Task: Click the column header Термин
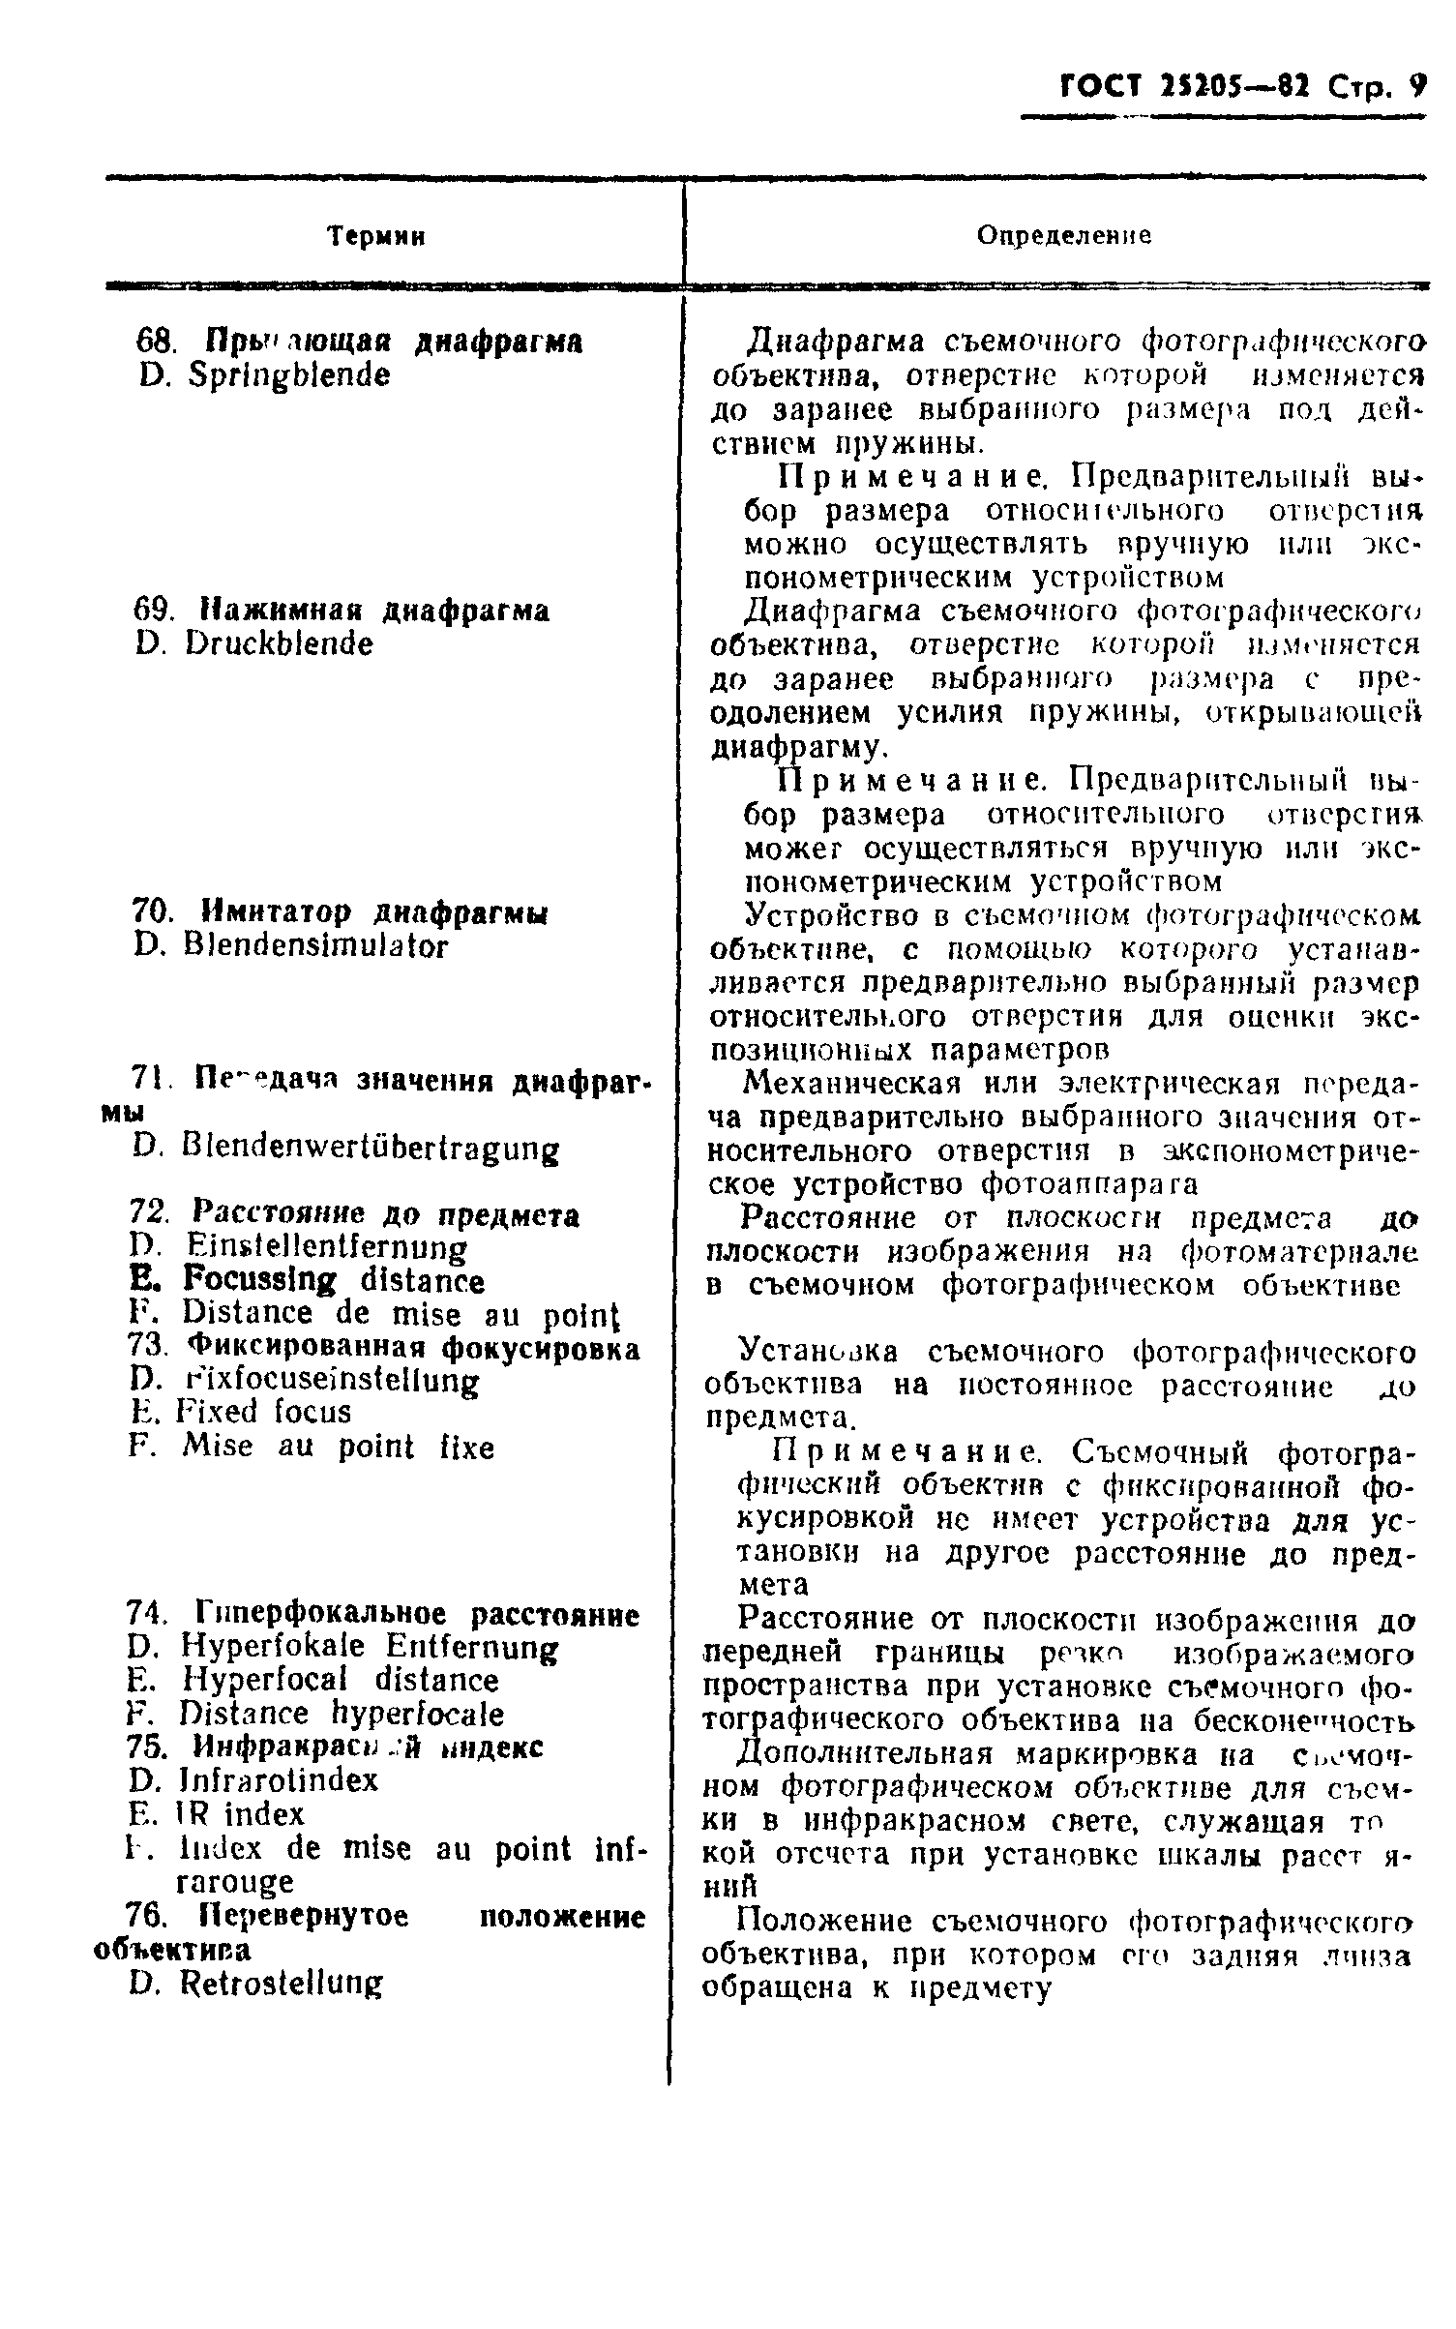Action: pos(377,236)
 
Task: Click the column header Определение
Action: pos(1063,236)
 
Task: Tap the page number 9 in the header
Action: pos(1417,87)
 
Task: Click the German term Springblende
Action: pos(289,375)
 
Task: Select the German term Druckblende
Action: pos(280,643)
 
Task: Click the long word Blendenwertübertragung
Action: pos(371,1150)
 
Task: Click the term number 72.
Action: pos(149,1214)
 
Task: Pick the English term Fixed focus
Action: pos(264,1412)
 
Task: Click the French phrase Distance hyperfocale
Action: pos(342,1714)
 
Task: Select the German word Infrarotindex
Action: pos(280,1779)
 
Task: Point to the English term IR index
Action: pos(243,1813)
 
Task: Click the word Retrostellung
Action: pos(282,1983)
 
